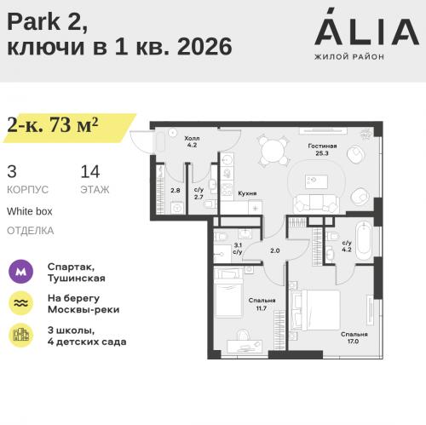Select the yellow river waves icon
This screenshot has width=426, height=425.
tap(20, 303)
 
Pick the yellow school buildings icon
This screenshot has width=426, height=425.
tap(20, 335)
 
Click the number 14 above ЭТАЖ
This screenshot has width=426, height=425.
tap(89, 170)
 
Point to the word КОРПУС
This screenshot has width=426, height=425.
tap(27, 189)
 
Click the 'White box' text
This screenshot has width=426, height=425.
tap(30, 210)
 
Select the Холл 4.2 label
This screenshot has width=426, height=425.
tap(192, 141)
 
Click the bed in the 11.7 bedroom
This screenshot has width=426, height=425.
tap(230, 294)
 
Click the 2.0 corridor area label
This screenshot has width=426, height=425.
tap(274, 250)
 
